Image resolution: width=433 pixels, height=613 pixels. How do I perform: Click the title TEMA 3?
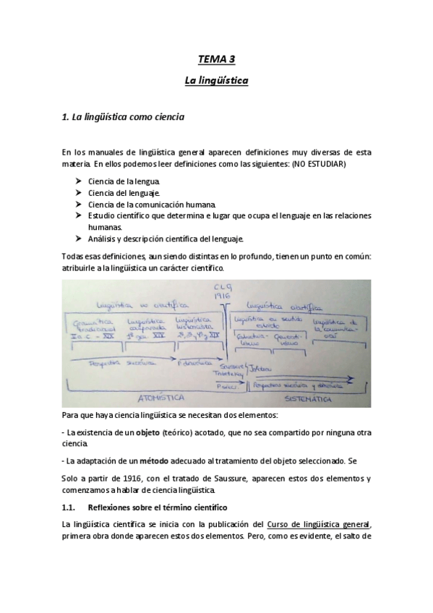tap(216, 61)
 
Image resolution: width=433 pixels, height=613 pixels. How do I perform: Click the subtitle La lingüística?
tap(216, 82)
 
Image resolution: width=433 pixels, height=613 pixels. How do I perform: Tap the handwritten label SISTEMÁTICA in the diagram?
tap(309, 398)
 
